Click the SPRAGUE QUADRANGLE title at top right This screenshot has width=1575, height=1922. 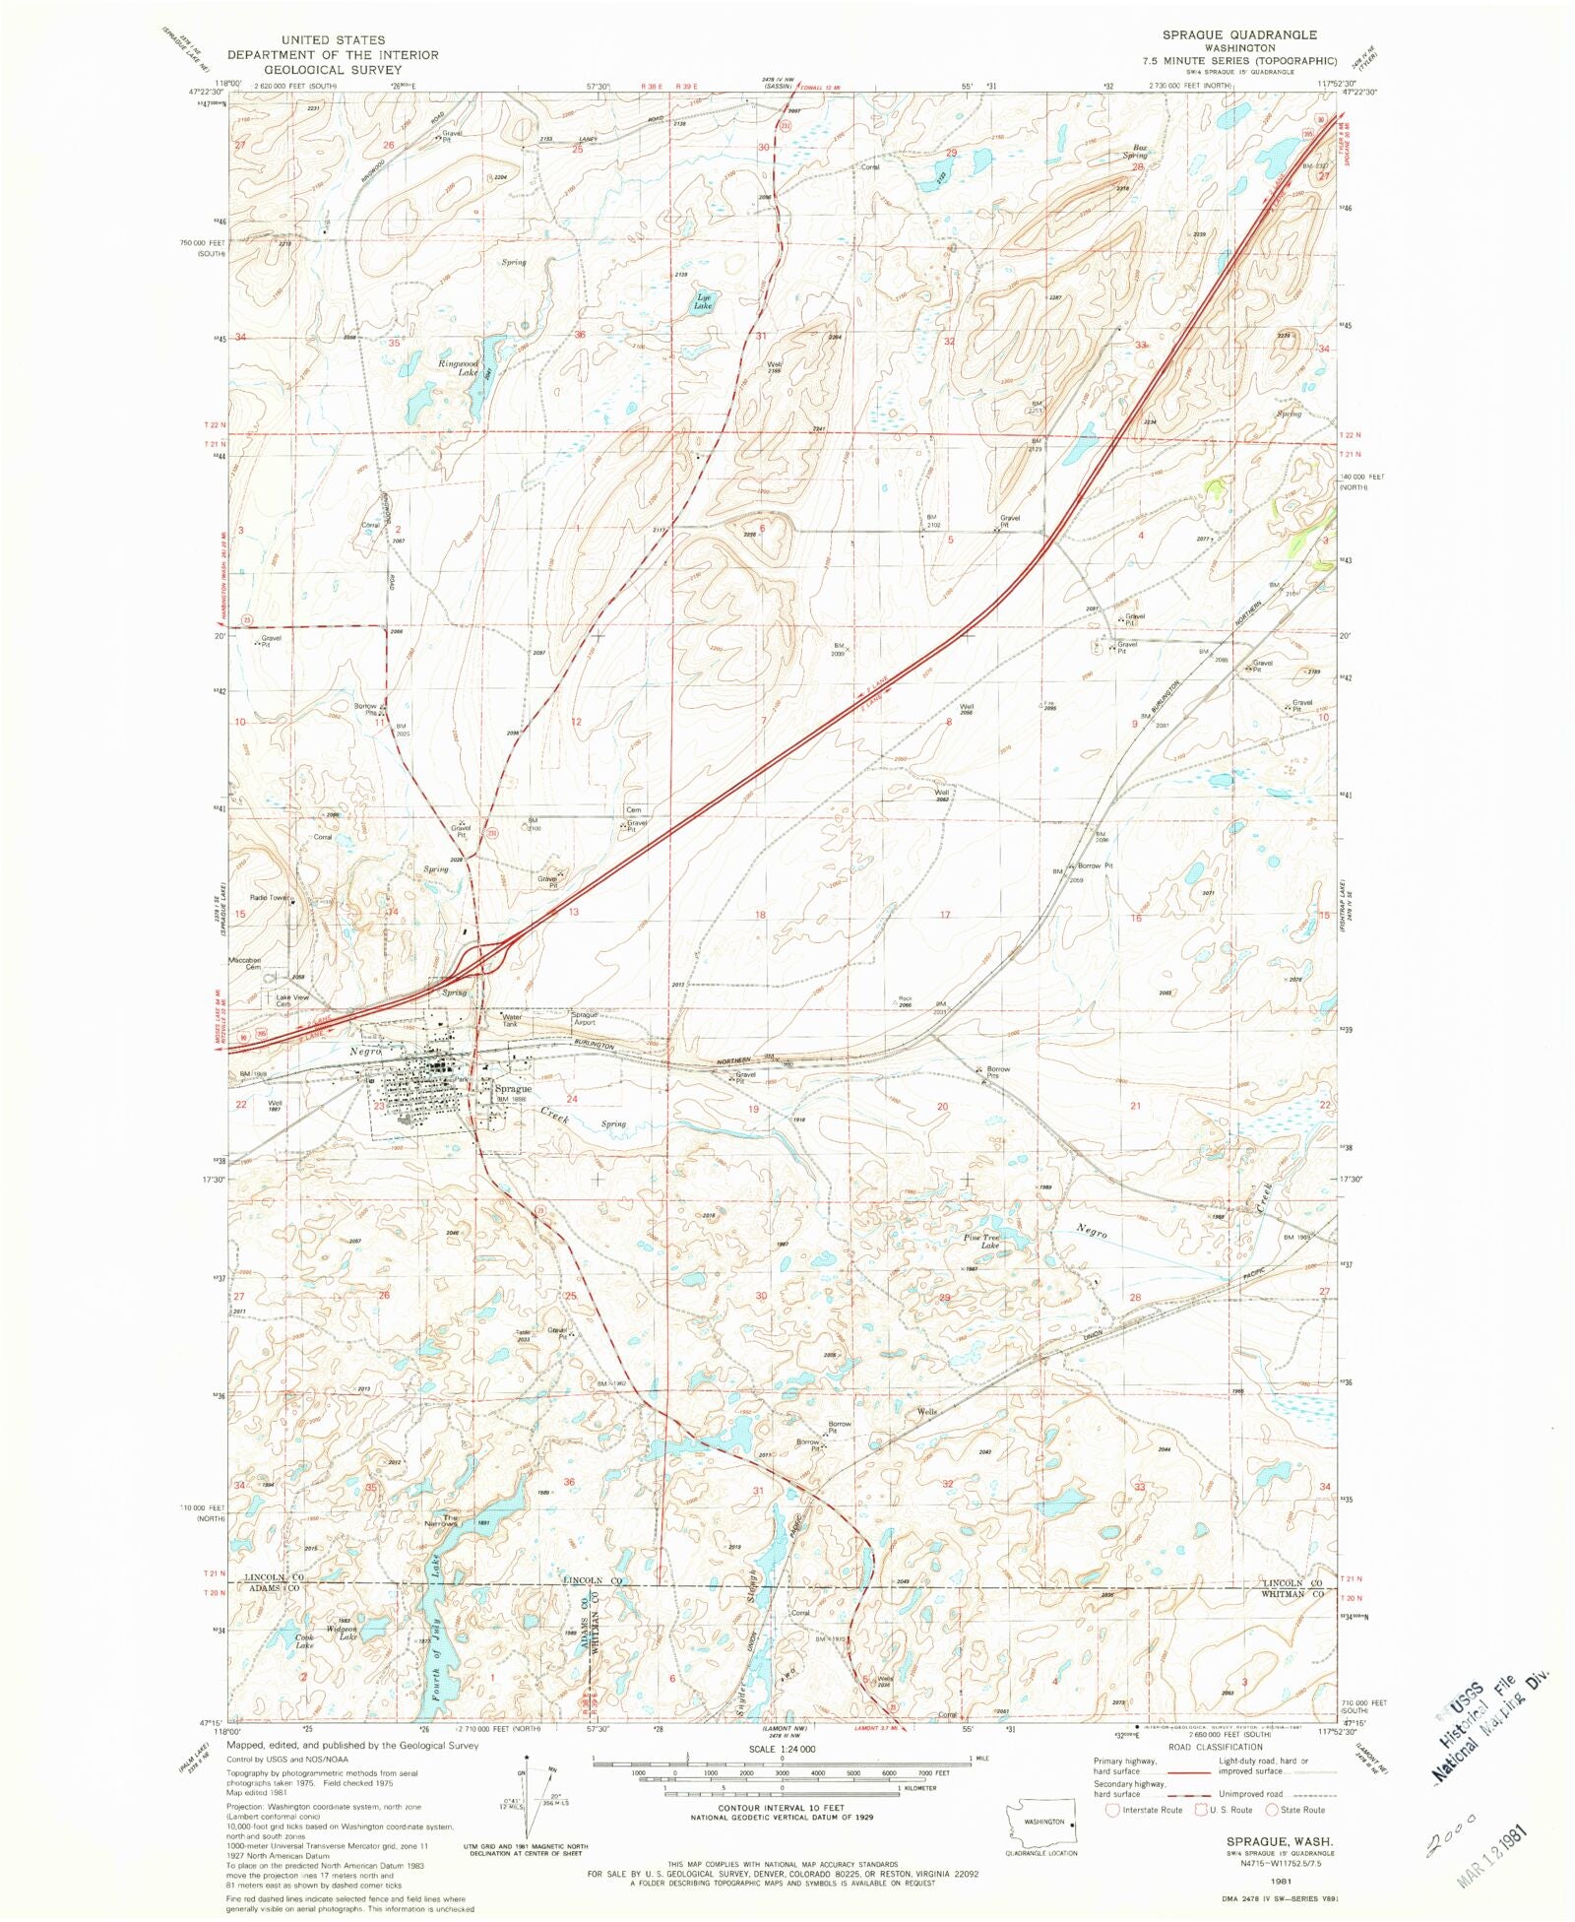coord(1238,34)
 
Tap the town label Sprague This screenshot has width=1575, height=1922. coord(513,1089)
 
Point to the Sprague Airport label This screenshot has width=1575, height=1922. coord(585,1018)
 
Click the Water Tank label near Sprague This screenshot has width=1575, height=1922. coord(510,1020)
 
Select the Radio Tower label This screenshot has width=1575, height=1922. coord(270,898)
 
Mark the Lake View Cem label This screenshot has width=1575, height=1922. coord(291,1000)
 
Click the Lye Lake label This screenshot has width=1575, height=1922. coord(703,301)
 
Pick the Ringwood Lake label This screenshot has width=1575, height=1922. coord(458,368)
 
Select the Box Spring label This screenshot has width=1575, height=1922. coord(1137,152)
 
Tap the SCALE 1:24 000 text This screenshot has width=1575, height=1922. coord(783,1749)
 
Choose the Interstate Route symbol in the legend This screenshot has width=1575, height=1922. coord(1113,1810)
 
